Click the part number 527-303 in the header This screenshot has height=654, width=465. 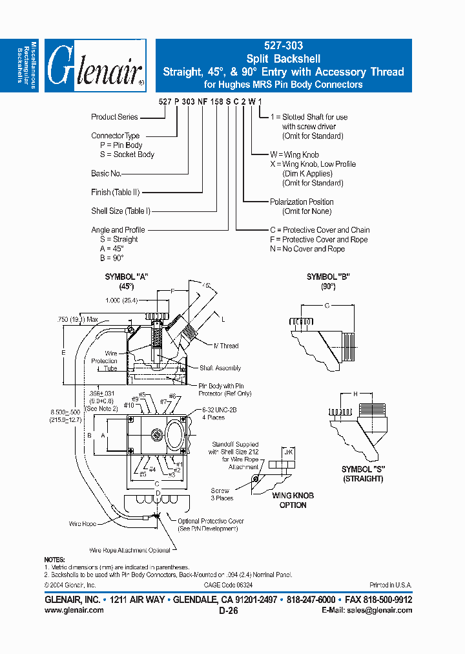(283, 47)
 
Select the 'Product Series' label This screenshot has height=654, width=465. (114, 117)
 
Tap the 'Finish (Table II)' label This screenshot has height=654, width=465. (116, 192)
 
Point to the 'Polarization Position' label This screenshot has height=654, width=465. (302, 202)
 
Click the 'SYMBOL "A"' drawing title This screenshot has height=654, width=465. (127, 277)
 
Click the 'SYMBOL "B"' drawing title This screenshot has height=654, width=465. (328, 277)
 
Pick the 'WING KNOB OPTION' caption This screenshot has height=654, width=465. (293, 500)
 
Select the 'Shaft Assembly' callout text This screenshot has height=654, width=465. (220, 368)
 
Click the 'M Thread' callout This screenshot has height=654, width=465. (225, 346)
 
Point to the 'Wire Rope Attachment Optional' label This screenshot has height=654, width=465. (130, 550)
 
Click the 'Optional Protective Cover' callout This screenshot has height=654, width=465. (206, 521)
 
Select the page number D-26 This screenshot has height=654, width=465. (229, 610)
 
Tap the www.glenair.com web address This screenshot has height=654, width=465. (74, 609)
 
